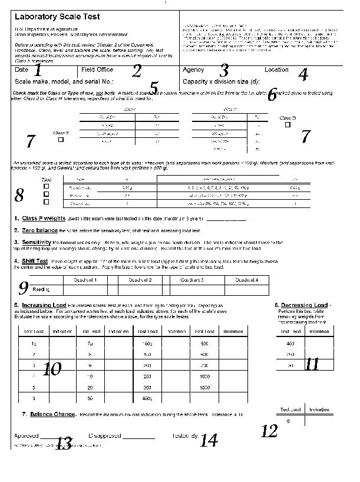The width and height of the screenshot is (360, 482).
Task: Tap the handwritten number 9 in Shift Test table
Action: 24,288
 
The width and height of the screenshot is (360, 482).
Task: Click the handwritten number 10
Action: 52,369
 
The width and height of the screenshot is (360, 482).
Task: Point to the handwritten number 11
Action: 312,364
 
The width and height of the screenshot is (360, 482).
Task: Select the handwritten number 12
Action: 269,431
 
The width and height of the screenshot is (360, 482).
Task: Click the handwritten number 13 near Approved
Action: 63,444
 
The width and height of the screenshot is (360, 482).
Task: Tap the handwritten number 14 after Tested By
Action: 209,440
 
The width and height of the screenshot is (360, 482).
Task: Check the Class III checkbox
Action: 287,124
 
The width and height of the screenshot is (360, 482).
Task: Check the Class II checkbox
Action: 61,140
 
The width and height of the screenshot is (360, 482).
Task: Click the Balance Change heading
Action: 52,414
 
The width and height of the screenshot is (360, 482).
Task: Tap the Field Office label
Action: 97,70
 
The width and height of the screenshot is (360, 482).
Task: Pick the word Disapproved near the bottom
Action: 104,435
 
